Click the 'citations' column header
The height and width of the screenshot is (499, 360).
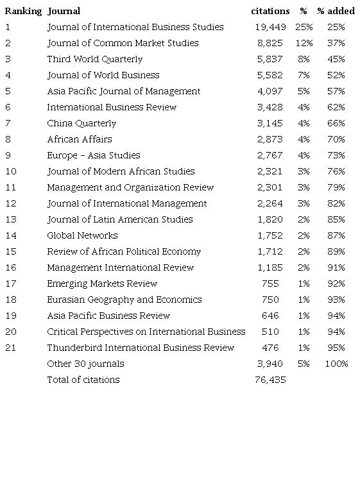tap(270, 11)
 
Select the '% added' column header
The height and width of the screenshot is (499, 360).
tap(336, 11)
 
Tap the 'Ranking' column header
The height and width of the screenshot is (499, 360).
tap(23, 11)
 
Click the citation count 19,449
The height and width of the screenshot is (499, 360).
tap(270, 27)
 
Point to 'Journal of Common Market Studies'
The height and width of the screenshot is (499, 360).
tap(123, 43)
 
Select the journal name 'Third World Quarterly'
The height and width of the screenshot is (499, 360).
tap(95, 59)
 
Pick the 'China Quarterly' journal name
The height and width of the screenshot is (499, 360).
tap(81, 123)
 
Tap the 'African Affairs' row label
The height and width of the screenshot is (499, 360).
tap(80, 139)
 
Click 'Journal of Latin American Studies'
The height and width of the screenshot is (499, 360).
tap(120, 219)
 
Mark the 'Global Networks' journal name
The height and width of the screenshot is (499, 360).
tap(82, 235)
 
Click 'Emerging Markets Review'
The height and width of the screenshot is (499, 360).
tap(102, 283)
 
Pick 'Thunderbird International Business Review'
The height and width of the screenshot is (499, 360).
tap(141, 348)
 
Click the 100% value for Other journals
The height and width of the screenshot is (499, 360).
tap(336, 364)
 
